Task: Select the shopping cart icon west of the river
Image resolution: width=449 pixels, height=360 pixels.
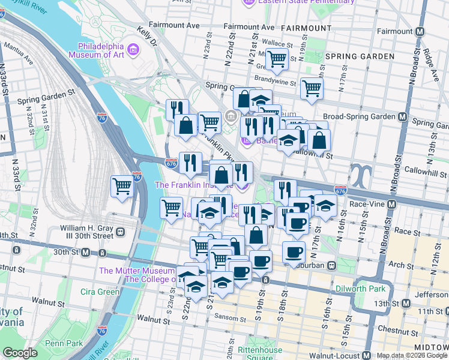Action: (122, 186)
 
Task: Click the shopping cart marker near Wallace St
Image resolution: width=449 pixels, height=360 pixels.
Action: (277, 59)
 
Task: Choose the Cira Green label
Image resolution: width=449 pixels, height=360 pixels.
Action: (100, 292)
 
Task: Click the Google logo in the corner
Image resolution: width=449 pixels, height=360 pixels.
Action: (20, 353)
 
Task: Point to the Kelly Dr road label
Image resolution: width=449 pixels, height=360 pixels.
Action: (146, 35)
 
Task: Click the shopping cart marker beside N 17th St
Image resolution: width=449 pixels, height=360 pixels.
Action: (312, 88)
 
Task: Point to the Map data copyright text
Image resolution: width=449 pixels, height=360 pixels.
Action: (411, 355)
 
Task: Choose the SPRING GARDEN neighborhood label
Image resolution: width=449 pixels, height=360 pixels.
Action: (360, 56)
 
